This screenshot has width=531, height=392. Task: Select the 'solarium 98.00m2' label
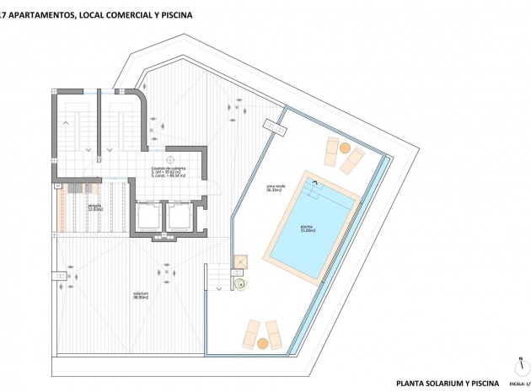point(140,296)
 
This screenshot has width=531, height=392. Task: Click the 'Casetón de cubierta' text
point(169,169)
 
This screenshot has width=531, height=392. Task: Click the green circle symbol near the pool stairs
point(240,285)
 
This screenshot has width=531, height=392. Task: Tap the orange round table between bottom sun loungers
point(262,343)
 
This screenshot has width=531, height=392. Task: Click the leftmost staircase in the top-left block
point(71,131)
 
